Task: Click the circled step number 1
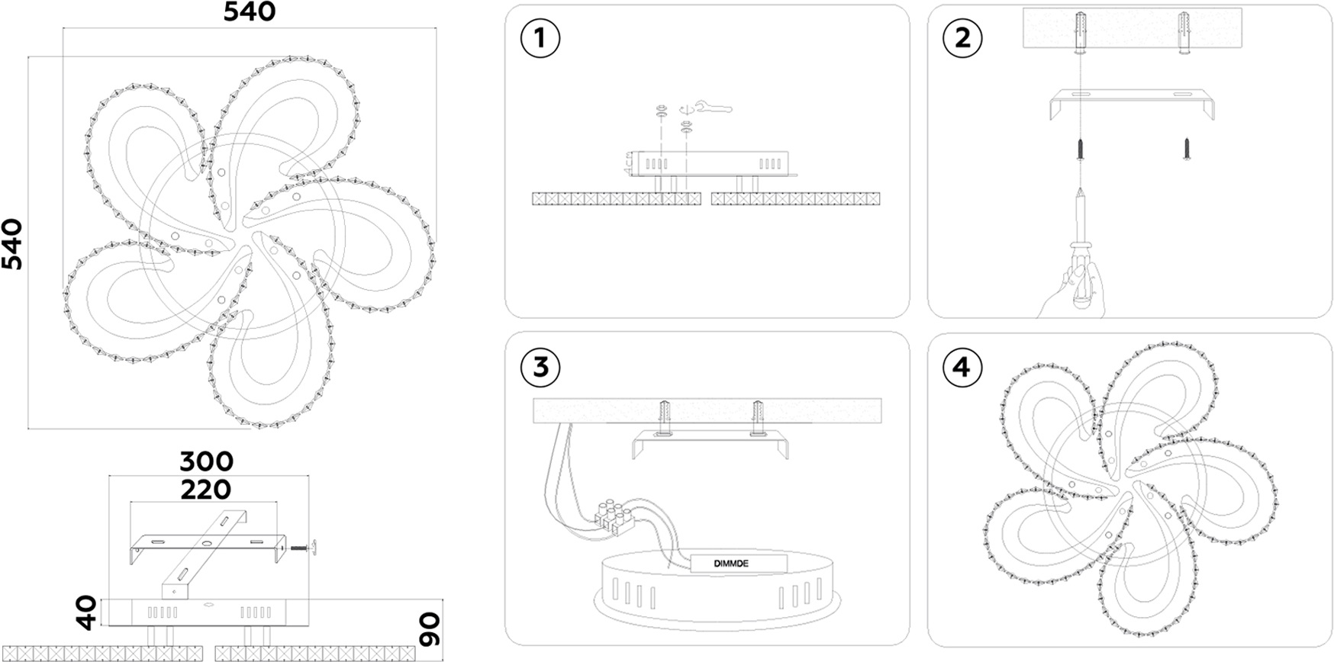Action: pyautogui.click(x=540, y=37)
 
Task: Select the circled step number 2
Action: pyautogui.click(x=962, y=37)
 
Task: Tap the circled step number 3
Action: pyautogui.click(x=540, y=367)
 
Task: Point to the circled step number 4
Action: pyautogui.click(x=962, y=367)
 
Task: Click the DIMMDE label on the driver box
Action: pyautogui.click(x=731, y=564)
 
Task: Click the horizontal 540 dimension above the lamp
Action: pyautogui.click(x=250, y=12)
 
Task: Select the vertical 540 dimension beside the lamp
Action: pyautogui.click(x=12, y=244)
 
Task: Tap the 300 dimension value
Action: pyautogui.click(x=206, y=461)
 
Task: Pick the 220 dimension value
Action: pyautogui.click(x=206, y=489)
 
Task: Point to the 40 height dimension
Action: pyautogui.click(x=89, y=612)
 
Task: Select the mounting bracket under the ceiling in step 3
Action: pyautogui.click(x=710, y=442)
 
